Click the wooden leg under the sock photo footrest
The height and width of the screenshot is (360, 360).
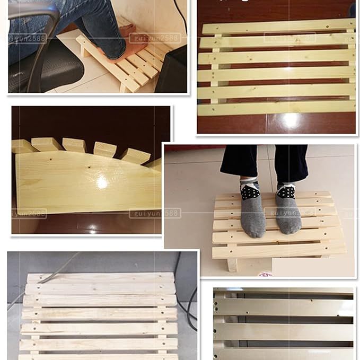(232, 265)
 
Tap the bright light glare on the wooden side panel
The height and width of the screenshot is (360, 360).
(101, 182)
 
